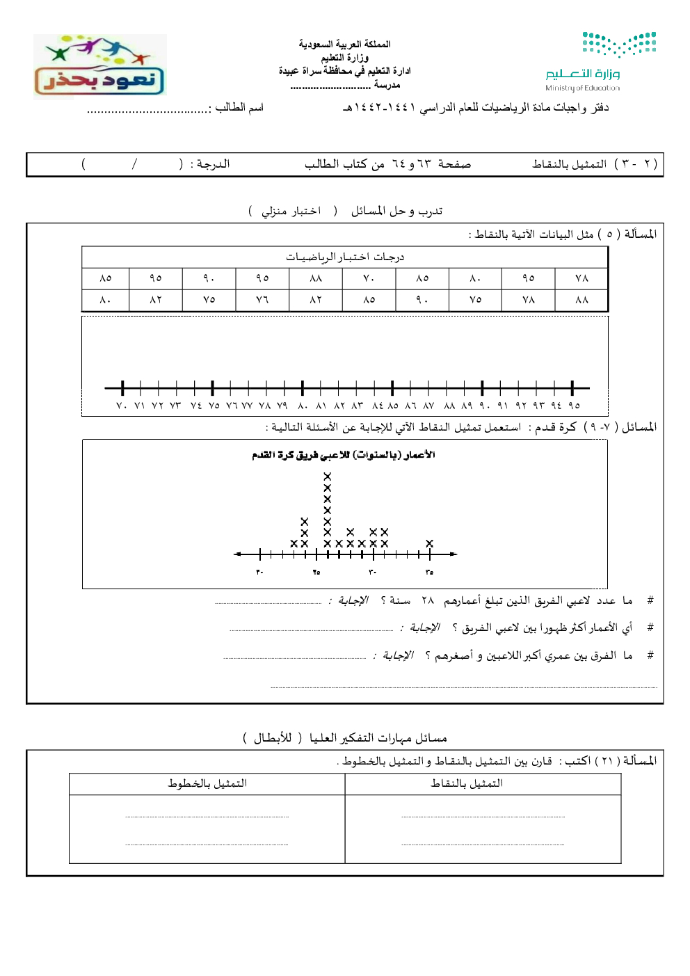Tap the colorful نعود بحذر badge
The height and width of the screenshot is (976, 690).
click(x=99, y=66)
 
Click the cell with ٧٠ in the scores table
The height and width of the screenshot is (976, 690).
click(x=369, y=278)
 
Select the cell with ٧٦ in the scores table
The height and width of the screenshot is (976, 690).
click(x=262, y=300)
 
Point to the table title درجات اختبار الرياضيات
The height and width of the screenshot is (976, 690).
click(x=345, y=257)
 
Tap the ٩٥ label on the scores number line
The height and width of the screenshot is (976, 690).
click(x=573, y=406)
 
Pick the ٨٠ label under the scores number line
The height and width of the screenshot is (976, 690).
click(x=303, y=406)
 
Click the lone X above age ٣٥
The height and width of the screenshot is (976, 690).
click(x=429, y=543)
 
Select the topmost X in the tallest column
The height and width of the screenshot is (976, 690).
click(x=328, y=477)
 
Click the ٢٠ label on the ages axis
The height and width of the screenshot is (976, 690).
click(x=259, y=572)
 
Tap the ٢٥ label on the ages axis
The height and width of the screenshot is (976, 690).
click(x=316, y=572)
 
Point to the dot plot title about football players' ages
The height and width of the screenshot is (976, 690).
click(x=344, y=455)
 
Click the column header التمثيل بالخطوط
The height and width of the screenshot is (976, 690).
click(x=207, y=783)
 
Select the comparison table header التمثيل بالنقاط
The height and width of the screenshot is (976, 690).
click(x=467, y=783)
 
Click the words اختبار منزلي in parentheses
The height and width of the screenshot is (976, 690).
click(x=291, y=211)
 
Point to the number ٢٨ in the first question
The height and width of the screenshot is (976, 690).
click(x=427, y=600)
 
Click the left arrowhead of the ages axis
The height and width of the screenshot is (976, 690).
click(x=238, y=554)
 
